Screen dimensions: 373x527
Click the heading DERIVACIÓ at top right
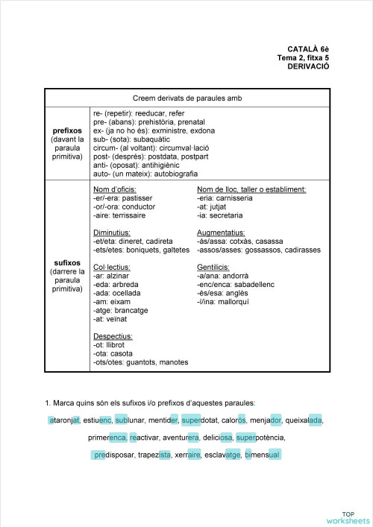coord(307,66)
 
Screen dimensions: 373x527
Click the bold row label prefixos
coord(67,130)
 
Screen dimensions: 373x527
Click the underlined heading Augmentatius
coord(220,233)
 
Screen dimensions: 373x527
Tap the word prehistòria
coord(156,122)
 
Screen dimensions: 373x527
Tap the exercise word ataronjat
coord(64,420)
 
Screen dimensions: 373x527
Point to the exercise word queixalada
coord(304,420)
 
